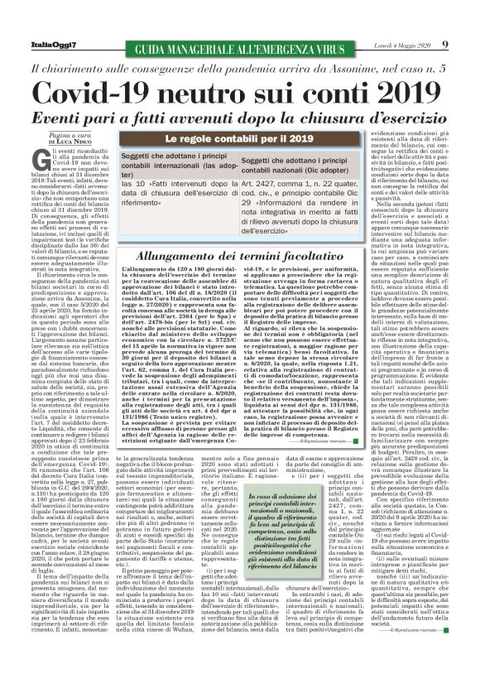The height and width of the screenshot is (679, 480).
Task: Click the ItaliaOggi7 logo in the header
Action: pos(40,46)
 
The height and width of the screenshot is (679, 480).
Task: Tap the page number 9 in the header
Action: pos(444,45)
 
